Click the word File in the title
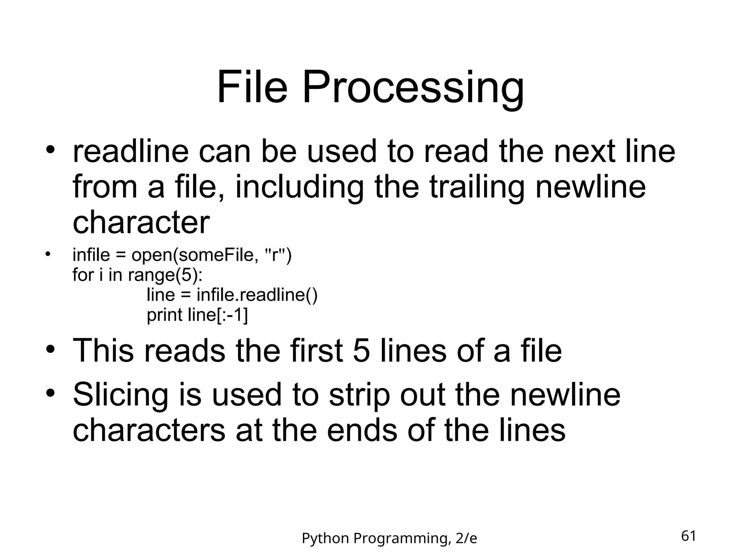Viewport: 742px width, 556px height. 252,88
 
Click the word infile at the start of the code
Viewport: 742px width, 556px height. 91,255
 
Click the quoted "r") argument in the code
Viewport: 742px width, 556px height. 278,256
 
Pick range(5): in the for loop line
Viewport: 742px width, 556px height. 165,275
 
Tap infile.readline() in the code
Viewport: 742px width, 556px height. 257,295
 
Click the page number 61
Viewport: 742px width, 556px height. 688,536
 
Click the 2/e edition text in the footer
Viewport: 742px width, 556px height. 466,539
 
